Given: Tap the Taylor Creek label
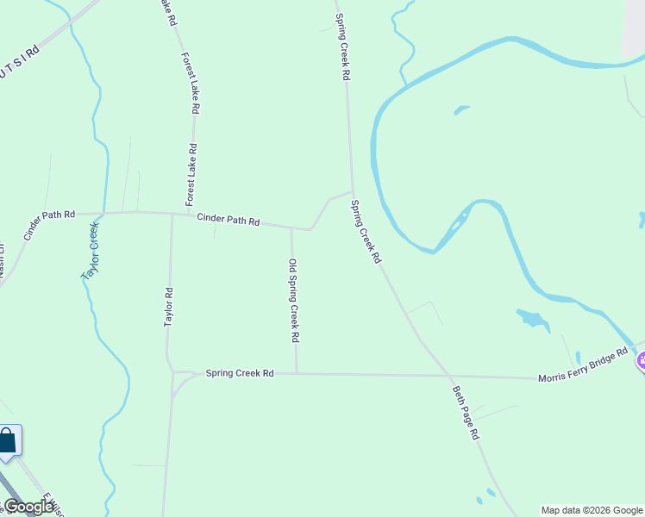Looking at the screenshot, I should (x=91, y=251).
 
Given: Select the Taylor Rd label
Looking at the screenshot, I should (x=169, y=307).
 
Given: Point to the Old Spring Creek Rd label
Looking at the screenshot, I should (x=294, y=301).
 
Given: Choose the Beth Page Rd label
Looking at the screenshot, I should (x=466, y=413).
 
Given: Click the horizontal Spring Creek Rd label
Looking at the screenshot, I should (x=239, y=373).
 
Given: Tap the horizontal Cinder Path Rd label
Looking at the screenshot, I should (x=228, y=220).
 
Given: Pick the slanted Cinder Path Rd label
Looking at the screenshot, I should (x=49, y=225).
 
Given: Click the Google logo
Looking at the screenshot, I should (x=28, y=507).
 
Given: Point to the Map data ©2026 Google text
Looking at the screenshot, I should (x=592, y=510).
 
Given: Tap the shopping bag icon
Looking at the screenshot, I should (x=8, y=441).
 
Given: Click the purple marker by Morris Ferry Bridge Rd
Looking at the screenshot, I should (x=641, y=362).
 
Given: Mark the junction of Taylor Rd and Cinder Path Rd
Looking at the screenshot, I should (x=172, y=215).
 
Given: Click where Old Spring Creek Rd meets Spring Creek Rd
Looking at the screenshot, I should (x=297, y=374).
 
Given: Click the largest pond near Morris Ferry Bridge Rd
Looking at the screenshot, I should (x=532, y=320).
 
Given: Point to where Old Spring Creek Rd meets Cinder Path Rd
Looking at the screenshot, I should (x=291, y=229).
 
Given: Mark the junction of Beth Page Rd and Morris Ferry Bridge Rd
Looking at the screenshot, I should (x=449, y=377).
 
